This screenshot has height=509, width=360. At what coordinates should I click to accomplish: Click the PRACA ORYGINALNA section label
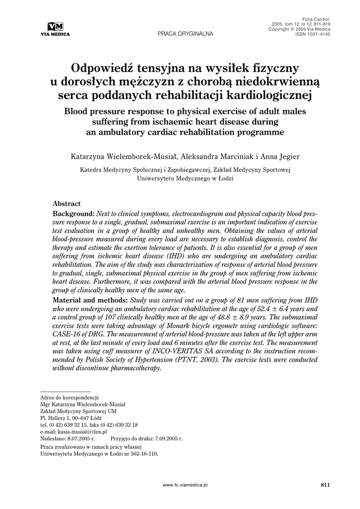click(x=185, y=34)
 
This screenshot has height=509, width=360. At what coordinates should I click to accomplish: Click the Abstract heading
click(x=67, y=203)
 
